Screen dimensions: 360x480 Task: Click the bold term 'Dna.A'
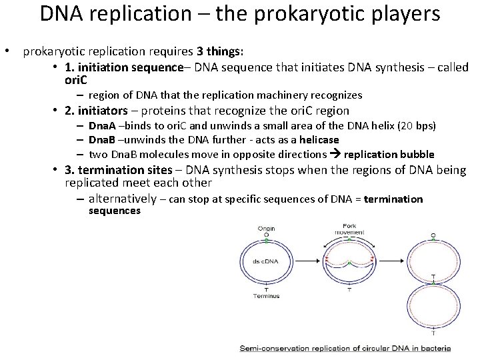pyautogui.click(x=102, y=126)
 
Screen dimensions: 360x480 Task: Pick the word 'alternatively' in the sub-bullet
pyautogui.click(x=122, y=198)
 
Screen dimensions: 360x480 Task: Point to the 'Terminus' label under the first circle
pyautogui.click(x=266, y=295)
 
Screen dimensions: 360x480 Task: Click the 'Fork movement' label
pyautogui.click(x=349, y=229)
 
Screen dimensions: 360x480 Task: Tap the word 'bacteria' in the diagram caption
pyautogui.click(x=435, y=348)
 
